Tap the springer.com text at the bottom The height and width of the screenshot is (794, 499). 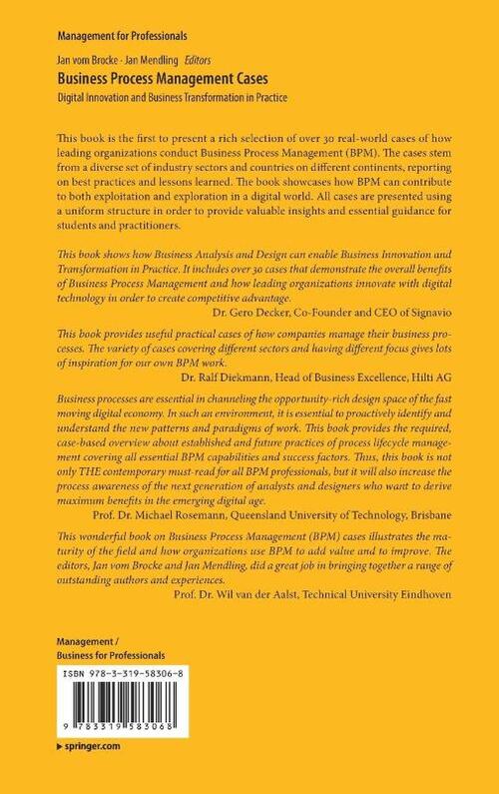coord(94,746)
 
